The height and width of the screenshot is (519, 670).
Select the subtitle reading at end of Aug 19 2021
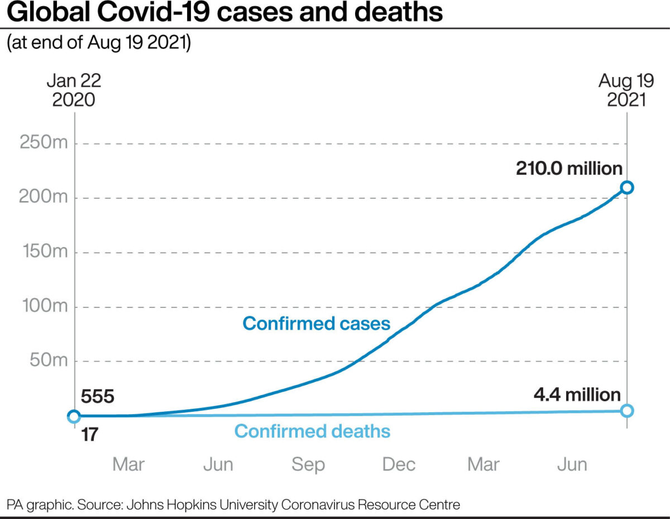(x=99, y=42)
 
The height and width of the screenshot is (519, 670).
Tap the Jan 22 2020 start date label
(x=74, y=89)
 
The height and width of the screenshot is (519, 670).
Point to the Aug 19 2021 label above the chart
(x=626, y=89)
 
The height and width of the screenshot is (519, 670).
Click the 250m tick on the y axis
(x=44, y=143)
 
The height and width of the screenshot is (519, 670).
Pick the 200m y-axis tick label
(x=44, y=198)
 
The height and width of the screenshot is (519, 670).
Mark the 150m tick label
(x=44, y=252)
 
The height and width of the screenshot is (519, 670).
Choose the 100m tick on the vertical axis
(x=44, y=307)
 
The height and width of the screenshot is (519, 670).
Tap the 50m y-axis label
(x=47, y=361)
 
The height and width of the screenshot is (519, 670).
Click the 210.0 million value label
(x=569, y=168)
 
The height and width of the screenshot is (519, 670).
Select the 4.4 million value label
(x=577, y=395)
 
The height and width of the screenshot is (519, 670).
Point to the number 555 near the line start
(x=98, y=397)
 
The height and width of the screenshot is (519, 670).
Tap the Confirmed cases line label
(x=316, y=323)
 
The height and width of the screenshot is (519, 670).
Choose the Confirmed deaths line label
(x=312, y=431)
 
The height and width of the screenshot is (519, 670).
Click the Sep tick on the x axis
(x=308, y=465)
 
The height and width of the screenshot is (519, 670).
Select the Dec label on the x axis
(x=399, y=465)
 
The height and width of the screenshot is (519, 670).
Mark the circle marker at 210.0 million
(x=627, y=187)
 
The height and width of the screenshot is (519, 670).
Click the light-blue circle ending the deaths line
(x=627, y=411)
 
